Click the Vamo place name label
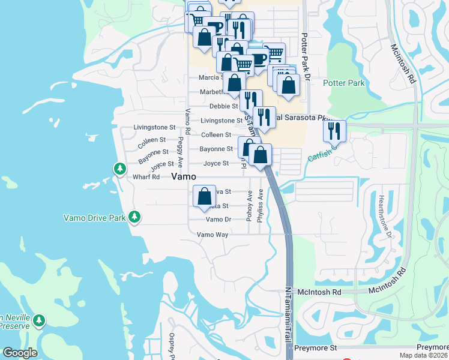(x=184, y=176)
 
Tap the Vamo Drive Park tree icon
(x=135, y=217)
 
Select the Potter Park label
(x=343, y=83)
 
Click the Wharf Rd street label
(x=146, y=177)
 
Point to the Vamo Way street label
(x=213, y=235)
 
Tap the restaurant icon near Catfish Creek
(x=335, y=130)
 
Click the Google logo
(x=20, y=353)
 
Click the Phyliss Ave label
(x=260, y=206)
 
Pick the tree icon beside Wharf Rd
(x=120, y=169)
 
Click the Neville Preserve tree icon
(x=40, y=320)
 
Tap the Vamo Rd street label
(x=188, y=122)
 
